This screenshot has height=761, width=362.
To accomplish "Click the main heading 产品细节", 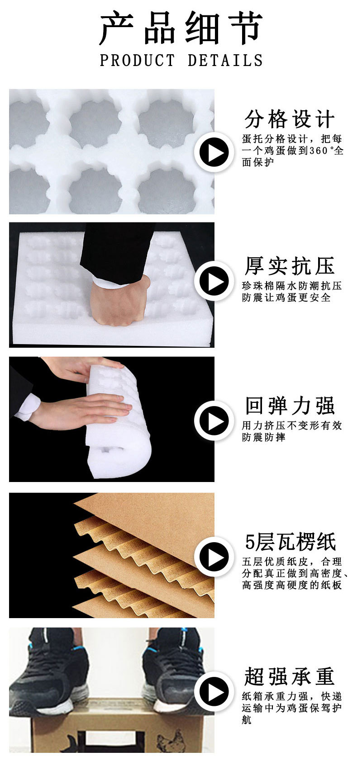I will pos(181,28).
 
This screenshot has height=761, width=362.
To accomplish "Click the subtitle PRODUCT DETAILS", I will pos(181,61).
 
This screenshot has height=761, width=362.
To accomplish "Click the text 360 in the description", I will pos(319,151).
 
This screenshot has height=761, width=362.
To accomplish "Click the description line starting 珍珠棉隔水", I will pos(292,286).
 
